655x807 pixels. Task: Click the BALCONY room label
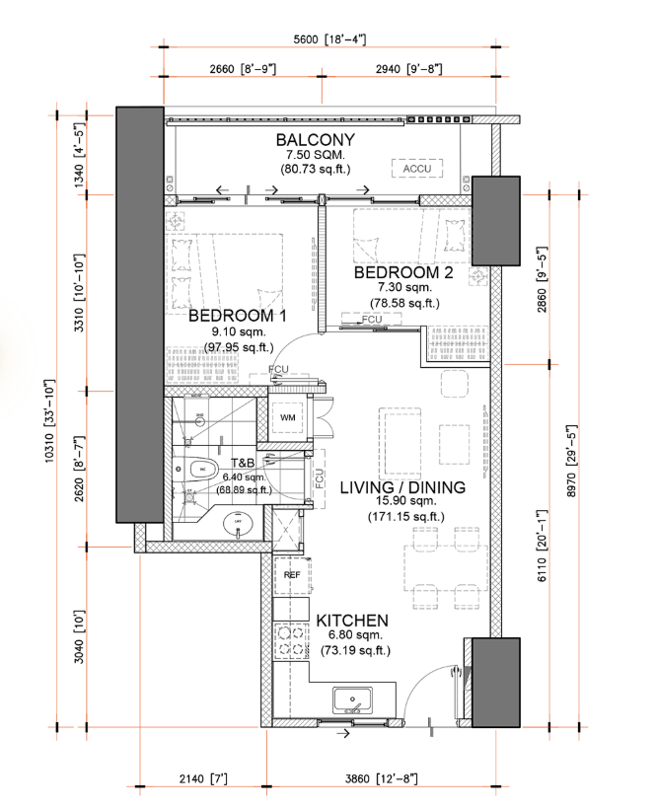coord(315,139)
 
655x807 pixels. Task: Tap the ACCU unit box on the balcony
coord(415,169)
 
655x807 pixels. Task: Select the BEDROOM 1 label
coord(237,316)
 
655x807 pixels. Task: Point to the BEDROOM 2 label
coord(403,272)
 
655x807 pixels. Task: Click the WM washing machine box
coord(288,418)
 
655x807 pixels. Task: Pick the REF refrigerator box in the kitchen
coord(292,574)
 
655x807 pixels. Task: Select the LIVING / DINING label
coord(392,487)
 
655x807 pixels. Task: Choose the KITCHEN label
coord(351,620)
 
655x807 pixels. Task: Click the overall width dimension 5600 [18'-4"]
coord(329,39)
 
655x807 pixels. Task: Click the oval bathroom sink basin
coord(238,522)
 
